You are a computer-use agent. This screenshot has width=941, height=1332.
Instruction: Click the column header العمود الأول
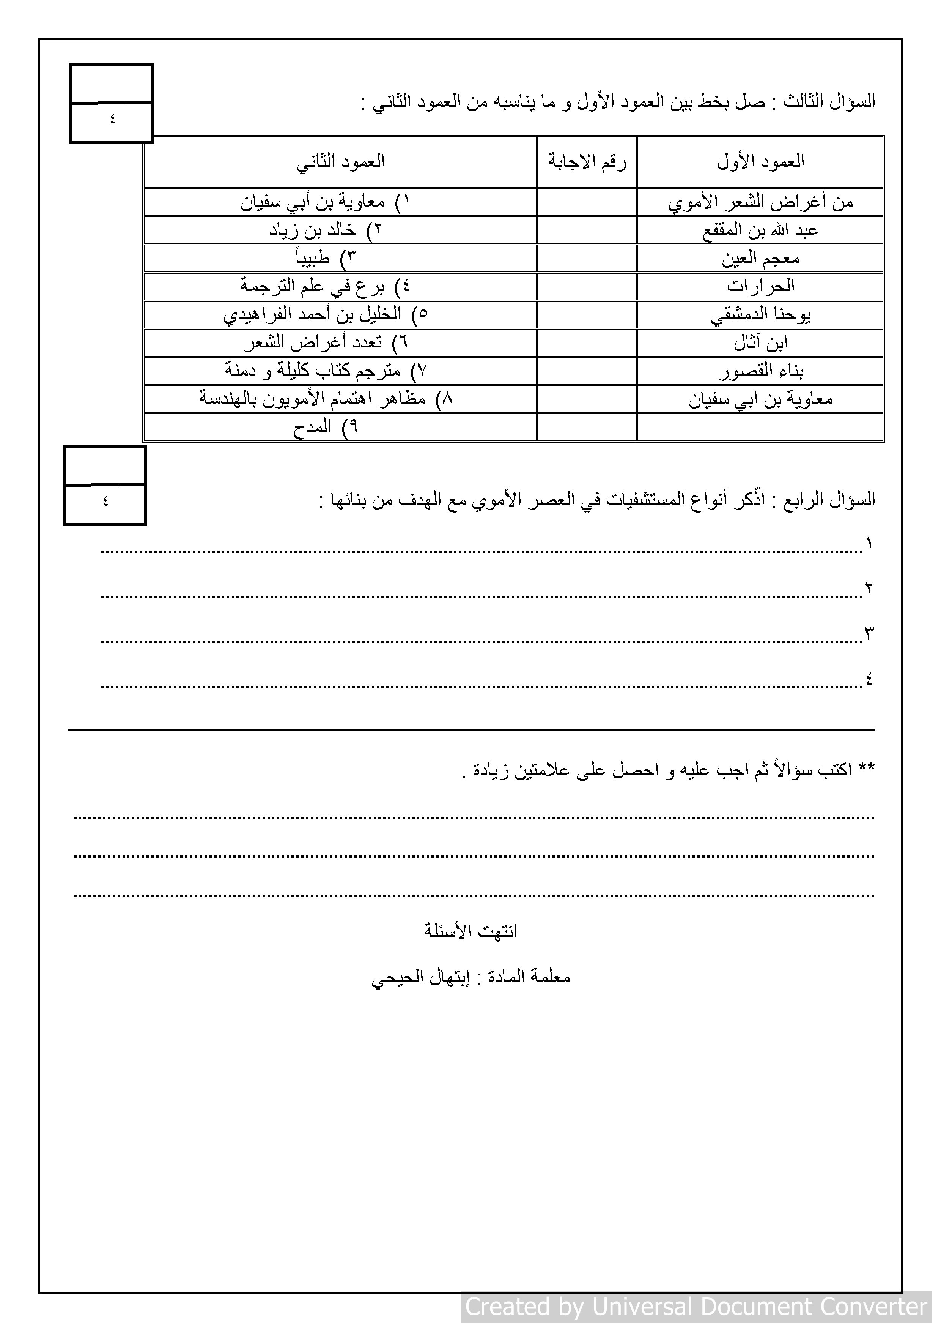point(760,162)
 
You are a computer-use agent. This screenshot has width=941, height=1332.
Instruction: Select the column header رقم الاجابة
point(587,162)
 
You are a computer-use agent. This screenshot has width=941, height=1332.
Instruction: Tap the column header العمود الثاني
point(340,162)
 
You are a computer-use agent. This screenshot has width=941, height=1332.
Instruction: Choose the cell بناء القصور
point(760,371)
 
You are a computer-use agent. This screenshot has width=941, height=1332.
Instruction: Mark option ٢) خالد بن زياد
point(326,231)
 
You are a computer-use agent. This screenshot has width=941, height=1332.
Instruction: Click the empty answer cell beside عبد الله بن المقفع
point(587,231)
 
